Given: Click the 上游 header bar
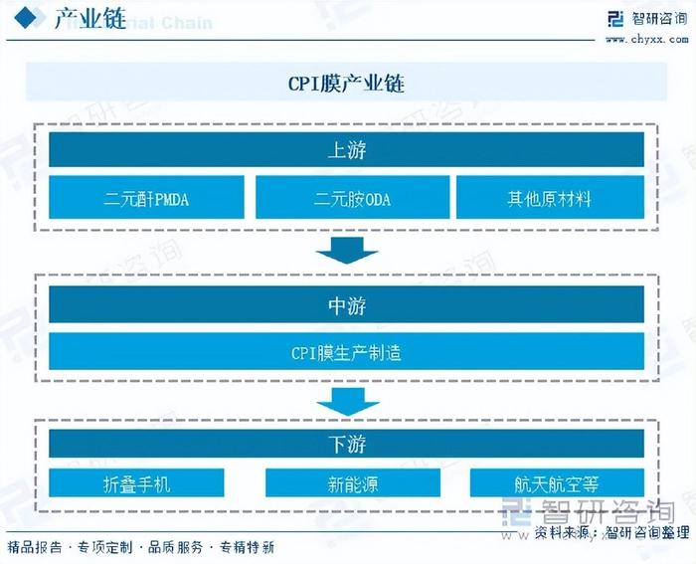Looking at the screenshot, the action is click(346, 151).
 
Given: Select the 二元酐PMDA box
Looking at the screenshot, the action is click(146, 198).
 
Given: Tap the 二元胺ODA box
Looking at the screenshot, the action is click(352, 198).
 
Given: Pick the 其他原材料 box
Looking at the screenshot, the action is click(549, 198).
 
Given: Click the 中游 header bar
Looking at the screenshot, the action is click(346, 305).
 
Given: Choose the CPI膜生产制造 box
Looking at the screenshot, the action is click(346, 352).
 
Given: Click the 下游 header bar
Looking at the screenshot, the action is click(346, 443).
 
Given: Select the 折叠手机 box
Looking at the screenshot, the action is click(137, 483).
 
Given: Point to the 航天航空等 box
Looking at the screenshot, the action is click(556, 483).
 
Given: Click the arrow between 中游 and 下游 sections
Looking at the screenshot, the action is click(347, 401).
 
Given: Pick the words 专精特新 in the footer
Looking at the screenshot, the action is click(247, 547).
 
